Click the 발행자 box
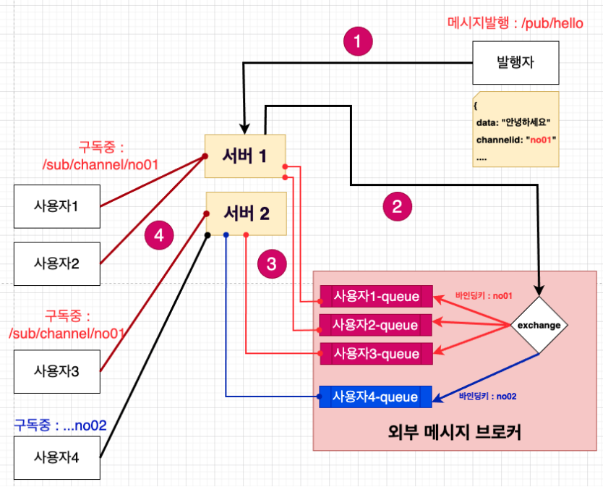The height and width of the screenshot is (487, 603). click(516, 62)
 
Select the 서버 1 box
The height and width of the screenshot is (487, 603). click(247, 156)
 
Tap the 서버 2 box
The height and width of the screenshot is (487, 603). click(247, 213)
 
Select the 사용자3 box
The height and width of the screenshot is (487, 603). click(56, 371)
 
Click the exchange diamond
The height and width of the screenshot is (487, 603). click(539, 325)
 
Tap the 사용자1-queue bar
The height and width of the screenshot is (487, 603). click(376, 296)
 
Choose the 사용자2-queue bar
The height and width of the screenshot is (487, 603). click(376, 324)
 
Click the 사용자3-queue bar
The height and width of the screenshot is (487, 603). click(376, 353)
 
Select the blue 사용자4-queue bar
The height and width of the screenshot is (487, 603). click(376, 397)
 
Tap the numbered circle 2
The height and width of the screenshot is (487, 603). click(397, 208)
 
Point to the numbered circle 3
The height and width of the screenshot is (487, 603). click(271, 264)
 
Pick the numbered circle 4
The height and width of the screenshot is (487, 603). click(159, 235)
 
